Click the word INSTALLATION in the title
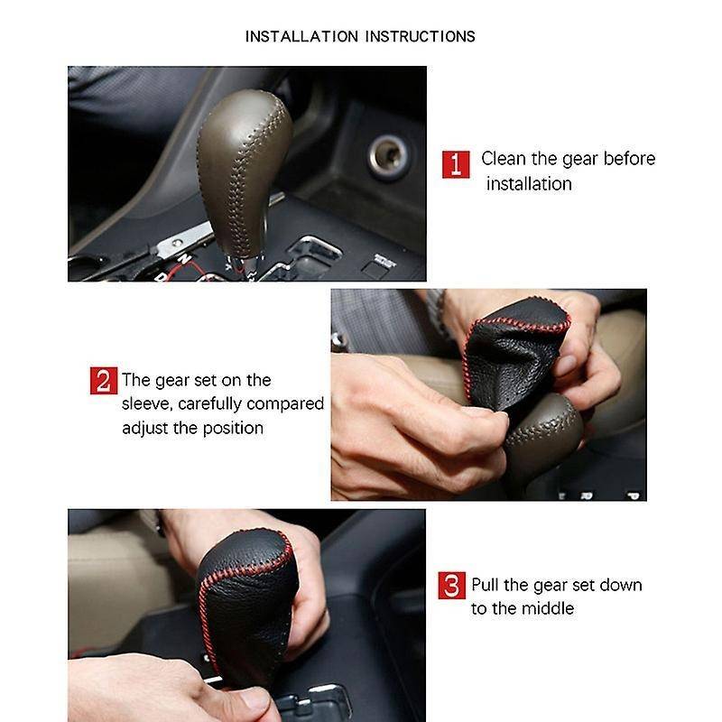pyautogui.click(x=301, y=36)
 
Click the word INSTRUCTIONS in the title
pyautogui.click(x=420, y=36)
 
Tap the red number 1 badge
pyautogui.click(x=456, y=164)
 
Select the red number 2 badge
pyautogui.click(x=104, y=380)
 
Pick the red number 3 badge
pyautogui.click(x=452, y=585)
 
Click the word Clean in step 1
pyautogui.click(x=504, y=159)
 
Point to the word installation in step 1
pyautogui.click(x=529, y=184)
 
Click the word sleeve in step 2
pyautogui.click(x=146, y=403)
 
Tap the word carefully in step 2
pyautogui.click(x=209, y=404)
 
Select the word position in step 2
pyautogui.click(x=233, y=429)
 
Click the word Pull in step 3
pyautogui.click(x=485, y=585)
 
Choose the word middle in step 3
pyautogui.click(x=548, y=608)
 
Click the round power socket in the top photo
pyautogui.click(x=388, y=155)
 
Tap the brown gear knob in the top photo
pyautogui.click(x=243, y=172)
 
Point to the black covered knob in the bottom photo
pyautogui.click(x=246, y=603)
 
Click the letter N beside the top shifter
pyautogui.click(x=184, y=259)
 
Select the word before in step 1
pyautogui.click(x=629, y=159)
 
